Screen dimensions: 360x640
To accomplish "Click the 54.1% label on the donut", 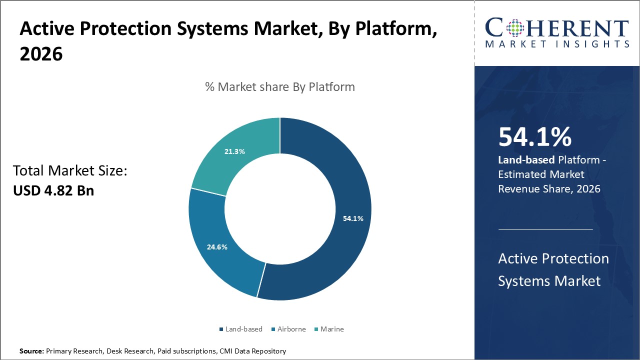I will tap(353, 218).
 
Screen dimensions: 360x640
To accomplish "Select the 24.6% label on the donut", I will tap(217, 246).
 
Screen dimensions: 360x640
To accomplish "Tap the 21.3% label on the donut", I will tap(234, 151).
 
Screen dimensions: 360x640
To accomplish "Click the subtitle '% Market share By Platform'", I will tap(280, 86).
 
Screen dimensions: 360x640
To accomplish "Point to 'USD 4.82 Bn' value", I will tap(53, 190).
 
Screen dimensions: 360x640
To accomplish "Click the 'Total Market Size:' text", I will tap(70, 171).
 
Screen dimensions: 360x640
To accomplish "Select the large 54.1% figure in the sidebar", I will tap(534, 137).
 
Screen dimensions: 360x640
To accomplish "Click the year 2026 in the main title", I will tap(41, 54).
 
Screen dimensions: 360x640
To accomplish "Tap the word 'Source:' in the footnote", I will tap(31, 351).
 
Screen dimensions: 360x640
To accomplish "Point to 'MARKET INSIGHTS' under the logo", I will tap(557, 44).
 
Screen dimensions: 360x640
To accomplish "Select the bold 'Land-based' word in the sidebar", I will tap(526, 160).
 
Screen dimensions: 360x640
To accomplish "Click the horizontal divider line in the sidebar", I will tap(545, 229).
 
